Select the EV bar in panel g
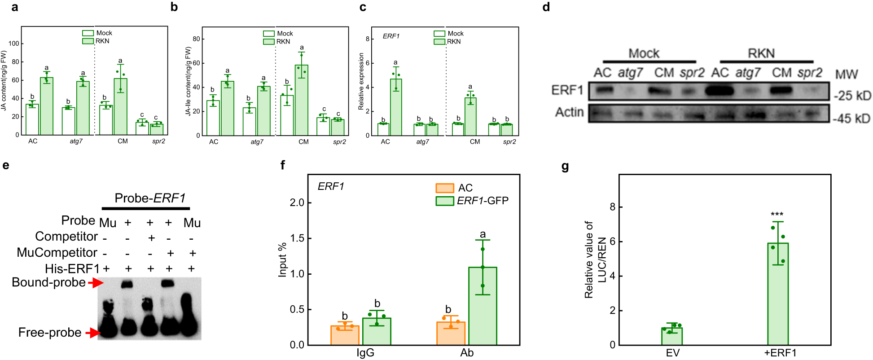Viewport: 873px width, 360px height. point(672,336)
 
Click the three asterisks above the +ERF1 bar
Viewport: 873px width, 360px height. point(777,215)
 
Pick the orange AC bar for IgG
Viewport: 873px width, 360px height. point(345,335)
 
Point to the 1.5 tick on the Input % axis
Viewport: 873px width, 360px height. point(297,238)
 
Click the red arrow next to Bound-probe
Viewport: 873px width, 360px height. point(95,283)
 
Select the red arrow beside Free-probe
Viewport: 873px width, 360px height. point(93,333)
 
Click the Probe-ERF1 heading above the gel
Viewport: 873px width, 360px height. point(149,198)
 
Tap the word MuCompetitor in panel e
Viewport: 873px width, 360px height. point(57,253)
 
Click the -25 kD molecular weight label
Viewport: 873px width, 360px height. point(852,96)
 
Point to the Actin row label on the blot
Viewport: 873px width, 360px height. point(569,112)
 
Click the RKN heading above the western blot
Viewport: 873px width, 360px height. point(761,53)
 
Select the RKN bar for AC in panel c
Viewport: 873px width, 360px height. point(396,107)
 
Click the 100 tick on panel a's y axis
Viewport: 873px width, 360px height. point(14,44)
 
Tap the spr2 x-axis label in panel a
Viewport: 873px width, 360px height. point(158,141)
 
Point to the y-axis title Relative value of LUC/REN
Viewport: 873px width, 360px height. point(595,259)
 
